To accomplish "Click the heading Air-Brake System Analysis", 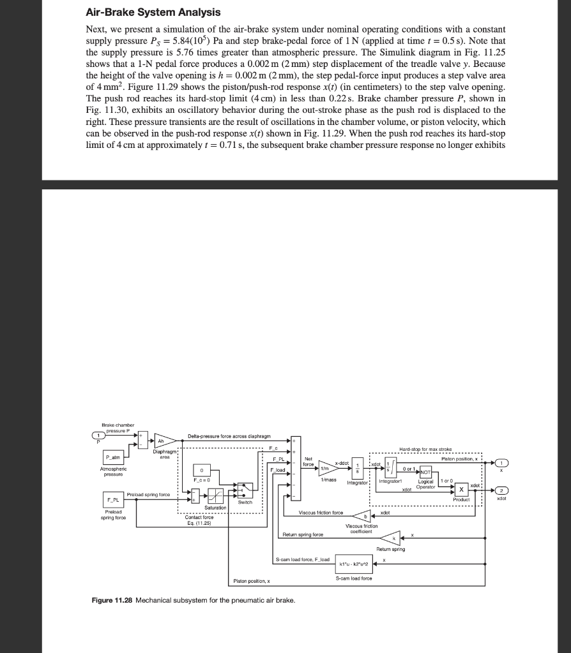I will click(153, 12).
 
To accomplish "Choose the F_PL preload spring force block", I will click(112, 499).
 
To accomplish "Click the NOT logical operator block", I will click(425, 472).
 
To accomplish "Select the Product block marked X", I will click(461, 490).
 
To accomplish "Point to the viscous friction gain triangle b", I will click(365, 517).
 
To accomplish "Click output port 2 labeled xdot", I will click(503, 490).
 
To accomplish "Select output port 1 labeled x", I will click(503, 462).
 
